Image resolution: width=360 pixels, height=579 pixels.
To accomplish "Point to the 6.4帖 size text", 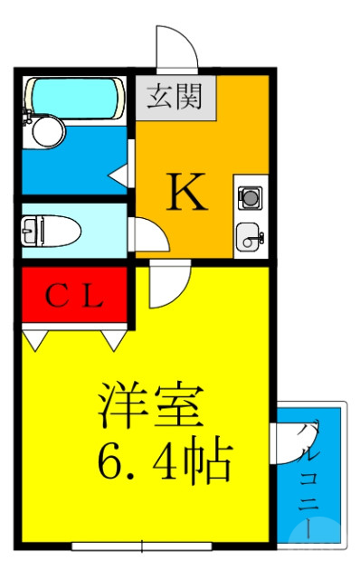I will [165, 460].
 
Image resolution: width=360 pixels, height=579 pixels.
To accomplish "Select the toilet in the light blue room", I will [52, 231].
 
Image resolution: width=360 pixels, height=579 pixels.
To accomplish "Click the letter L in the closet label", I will [94, 296].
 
